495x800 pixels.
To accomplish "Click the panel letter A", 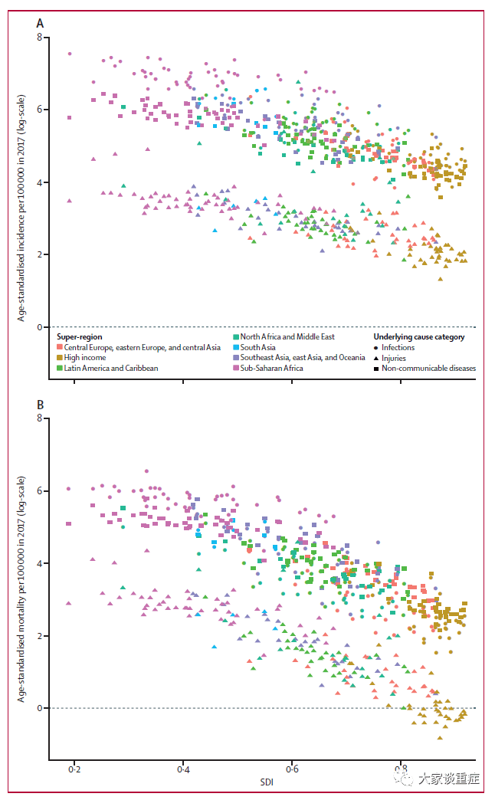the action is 40,24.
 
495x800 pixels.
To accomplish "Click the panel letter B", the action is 41,405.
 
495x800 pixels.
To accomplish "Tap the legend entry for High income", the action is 82,358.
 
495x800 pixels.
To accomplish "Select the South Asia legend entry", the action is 254,347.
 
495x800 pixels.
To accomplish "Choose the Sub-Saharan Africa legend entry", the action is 268,368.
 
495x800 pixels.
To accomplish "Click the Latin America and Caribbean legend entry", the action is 108,368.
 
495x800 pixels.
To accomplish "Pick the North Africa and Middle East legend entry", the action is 284,336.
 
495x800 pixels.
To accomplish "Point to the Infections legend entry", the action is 394,347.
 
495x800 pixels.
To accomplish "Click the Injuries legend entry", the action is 390,358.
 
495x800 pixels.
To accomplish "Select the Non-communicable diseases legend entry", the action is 425,369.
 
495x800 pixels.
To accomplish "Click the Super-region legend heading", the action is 80,336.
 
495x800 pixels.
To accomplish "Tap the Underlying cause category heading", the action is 419,336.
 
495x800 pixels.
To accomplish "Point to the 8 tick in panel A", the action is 40,37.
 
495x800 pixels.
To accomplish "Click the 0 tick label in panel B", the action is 40,708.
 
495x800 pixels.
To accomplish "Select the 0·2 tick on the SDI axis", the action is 74,769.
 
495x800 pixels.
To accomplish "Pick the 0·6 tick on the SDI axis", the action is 292,769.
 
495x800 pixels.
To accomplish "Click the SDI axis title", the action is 267,782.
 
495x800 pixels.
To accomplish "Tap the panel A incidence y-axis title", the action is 21,208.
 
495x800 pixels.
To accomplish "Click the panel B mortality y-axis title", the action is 21,589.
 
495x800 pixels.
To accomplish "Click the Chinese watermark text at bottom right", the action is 449,779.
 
